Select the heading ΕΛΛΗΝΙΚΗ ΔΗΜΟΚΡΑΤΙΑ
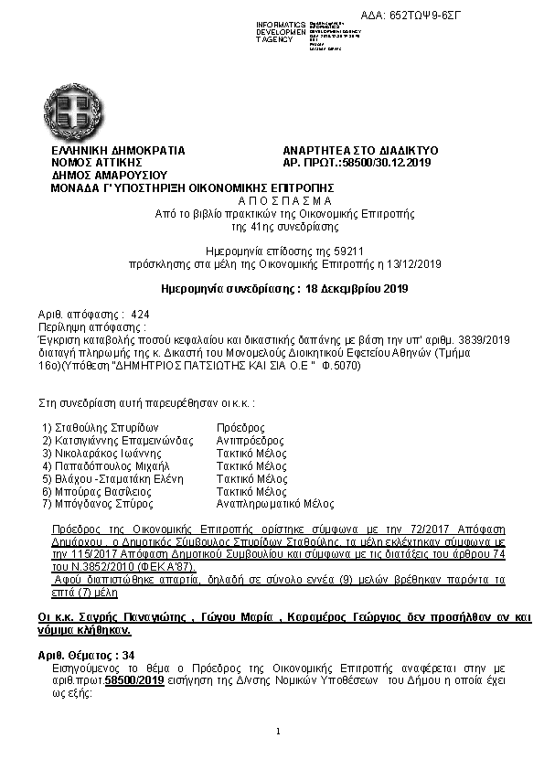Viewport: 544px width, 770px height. tap(118, 150)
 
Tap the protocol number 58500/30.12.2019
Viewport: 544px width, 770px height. tap(379, 162)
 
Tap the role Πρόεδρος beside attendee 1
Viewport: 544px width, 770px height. tap(240, 427)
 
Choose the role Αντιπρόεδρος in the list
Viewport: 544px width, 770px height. tap(250, 440)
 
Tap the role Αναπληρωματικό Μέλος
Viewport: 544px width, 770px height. tap(274, 504)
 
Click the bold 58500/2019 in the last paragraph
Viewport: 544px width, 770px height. tap(133, 681)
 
